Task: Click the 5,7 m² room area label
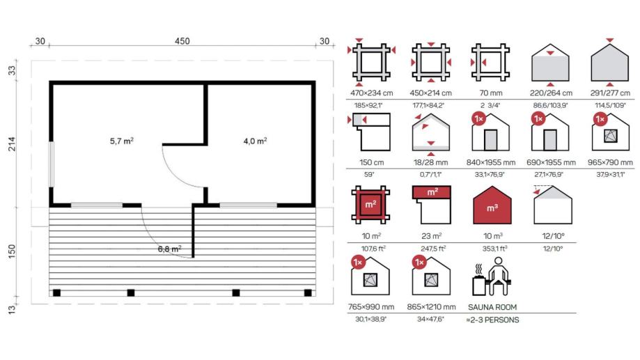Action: pyautogui.click(x=122, y=141)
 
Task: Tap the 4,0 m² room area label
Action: pyautogui.click(x=255, y=141)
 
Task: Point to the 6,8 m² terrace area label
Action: pyautogui.click(x=169, y=249)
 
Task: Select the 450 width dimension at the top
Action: pyautogui.click(x=182, y=41)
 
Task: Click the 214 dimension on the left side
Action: pyautogui.click(x=12, y=144)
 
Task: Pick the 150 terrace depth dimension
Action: pyautogui.click(x=12, y=251)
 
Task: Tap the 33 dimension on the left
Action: pyautogui.click(x=12, y=70)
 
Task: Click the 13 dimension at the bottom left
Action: pyautogui.click(x=12, y=309)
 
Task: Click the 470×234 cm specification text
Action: pyautogui.click(x=371, y=93)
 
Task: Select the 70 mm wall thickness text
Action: pyautogui.click(x=490, y=93)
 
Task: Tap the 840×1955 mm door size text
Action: pyautogui.click(x=490, y=162)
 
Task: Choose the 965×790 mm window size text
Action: pyautogui.click(x=610, y=162)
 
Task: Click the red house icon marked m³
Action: pyautogui.click(x=492, y=205)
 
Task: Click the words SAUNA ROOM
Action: pyautogui.click(x=492, y=307)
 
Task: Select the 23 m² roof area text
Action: pyautogui.click(x=430, y=236)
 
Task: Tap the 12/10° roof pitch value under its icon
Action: pyautogui.click(x=553, y=236)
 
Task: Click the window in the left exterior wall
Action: pyautogui.click(x=52, y=164)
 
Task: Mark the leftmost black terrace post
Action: pyautogui.click(x=56, y=292)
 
